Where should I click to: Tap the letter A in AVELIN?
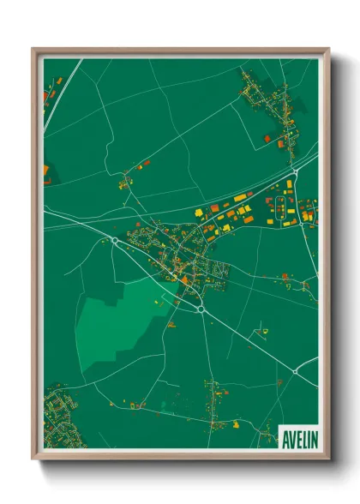[x=285, y=438]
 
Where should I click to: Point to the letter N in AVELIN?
[x=313, y=438]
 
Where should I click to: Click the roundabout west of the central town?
[x=116, y=242]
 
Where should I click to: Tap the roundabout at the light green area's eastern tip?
[x=199, y=309]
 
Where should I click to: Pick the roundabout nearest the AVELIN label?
[x=296, y=371]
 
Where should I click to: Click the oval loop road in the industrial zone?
[x=280, y=205]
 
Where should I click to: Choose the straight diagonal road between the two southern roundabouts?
[x=249, y=341]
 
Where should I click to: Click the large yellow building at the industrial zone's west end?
[x=200, y=211]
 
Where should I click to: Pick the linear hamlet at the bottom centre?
[x=214, y=403]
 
